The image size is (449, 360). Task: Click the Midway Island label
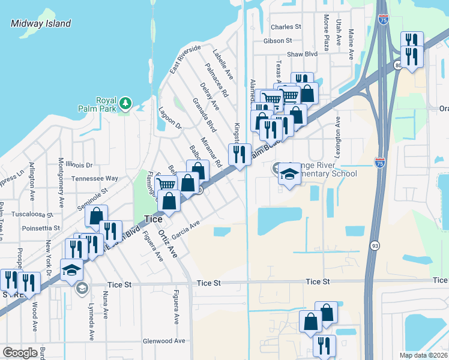click(41, 24)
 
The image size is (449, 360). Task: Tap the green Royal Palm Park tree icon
click(125, 103)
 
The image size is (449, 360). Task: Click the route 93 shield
click(375, 245)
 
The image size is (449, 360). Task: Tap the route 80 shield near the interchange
click(398, 65)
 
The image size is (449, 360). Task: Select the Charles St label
click(286, 27)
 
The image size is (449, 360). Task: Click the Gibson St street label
click(277, 41)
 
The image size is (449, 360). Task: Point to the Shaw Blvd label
click(302, 54)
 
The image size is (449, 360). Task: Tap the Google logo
click(20, 352)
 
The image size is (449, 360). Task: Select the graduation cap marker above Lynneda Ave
click(71, 271)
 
